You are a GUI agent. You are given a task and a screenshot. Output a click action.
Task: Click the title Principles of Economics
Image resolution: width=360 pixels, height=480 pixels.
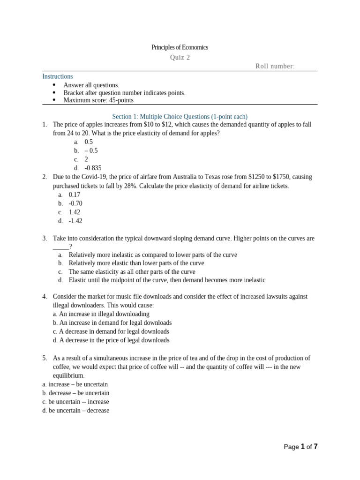coord(180,47)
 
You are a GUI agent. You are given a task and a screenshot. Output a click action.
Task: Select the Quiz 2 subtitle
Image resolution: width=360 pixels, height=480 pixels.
coord(180,58)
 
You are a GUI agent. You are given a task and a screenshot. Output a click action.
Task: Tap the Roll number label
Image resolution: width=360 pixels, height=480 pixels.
coord(275,66)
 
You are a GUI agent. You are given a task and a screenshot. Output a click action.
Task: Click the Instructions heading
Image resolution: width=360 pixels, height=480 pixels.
coord(58,76)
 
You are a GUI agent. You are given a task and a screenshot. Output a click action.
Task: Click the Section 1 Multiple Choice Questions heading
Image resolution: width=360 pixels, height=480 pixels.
coord(180,116)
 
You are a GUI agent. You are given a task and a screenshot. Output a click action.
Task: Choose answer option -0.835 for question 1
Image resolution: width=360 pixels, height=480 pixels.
coord(93,168)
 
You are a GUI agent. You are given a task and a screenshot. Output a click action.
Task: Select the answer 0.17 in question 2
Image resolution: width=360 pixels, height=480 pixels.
coord(75,195)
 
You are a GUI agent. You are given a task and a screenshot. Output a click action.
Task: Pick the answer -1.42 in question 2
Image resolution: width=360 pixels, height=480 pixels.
coord(75,221)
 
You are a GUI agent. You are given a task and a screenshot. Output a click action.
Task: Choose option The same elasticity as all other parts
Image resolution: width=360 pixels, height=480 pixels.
coord(132,272)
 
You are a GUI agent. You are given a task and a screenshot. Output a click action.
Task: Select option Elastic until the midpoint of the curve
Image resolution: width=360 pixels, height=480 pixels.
coord(167,280)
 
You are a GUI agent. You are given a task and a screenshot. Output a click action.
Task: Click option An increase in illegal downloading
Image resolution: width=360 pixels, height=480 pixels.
coord(101,314)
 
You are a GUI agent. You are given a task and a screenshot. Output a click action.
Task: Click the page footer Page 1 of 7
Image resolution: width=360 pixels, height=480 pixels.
coord(300,447)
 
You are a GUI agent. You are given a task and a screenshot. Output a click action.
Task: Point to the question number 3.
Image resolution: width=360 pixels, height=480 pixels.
coord(45,238)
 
